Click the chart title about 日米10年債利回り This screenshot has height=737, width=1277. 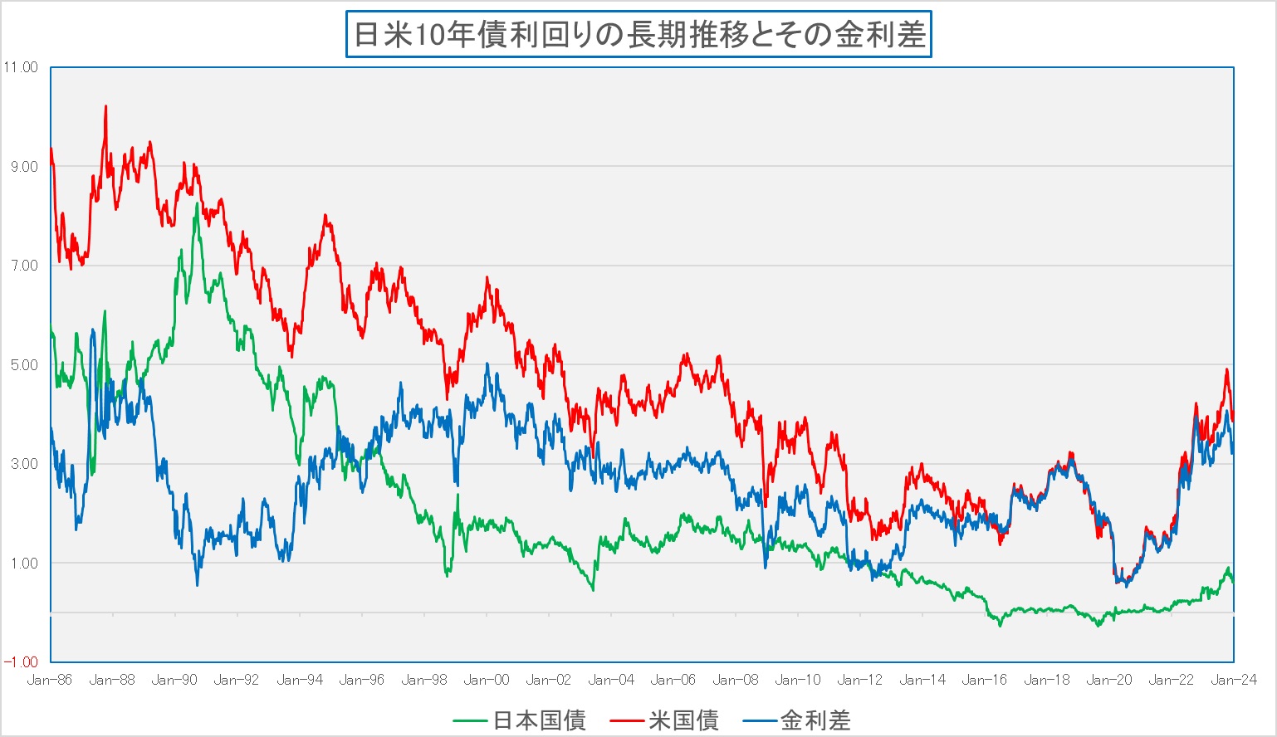coord(638,35)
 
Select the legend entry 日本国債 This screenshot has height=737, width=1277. coord(540,720)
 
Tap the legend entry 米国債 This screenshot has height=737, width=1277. coord(683,720)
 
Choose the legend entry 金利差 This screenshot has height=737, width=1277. coord(815,720)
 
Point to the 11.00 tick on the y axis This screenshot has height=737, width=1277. coord(21,67)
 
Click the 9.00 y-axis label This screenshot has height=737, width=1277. coord(23,167)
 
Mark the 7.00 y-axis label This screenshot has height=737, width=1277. coord(23,266)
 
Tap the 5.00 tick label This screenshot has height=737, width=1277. coord(23,365)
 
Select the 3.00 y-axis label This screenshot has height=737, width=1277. coord(23,464)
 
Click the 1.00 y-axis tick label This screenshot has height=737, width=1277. coord(23,564)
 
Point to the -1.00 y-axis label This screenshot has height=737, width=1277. coord(21,662)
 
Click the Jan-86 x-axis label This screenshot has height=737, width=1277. coord(50,681)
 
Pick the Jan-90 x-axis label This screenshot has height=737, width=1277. coord(174,681)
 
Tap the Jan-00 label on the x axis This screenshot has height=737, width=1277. coord(487,681)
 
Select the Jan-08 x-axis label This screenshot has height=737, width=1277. coord(736,681)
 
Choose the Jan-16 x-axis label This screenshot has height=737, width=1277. coord(985,681)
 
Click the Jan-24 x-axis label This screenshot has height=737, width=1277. coord(1234,681)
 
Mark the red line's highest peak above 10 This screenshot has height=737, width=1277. coord(105,106)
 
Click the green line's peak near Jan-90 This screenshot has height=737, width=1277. coord(197,204)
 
